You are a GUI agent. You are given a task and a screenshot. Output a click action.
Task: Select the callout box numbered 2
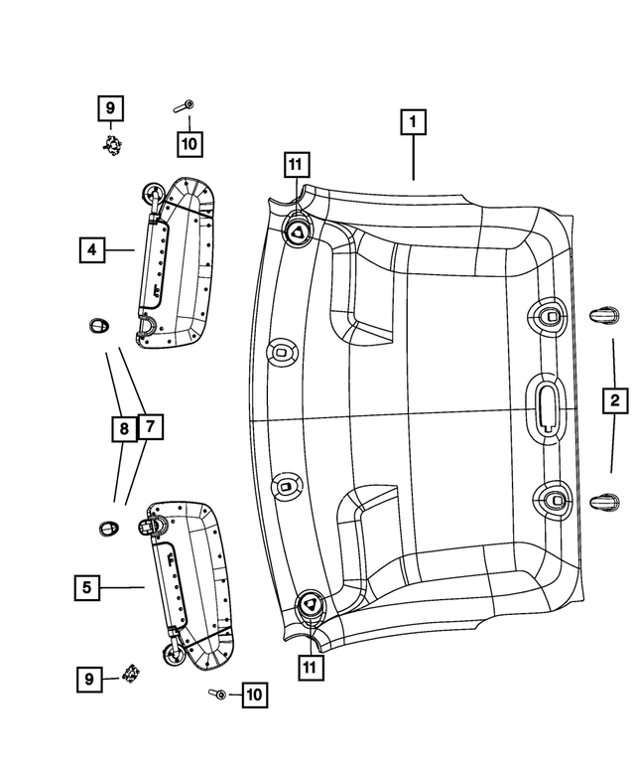coord(615,400)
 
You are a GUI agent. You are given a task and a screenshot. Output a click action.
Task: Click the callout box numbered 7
coord(149,427)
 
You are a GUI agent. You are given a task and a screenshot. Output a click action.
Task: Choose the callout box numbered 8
coord(123,428)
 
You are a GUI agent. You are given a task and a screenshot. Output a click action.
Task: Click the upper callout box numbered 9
coord(110,106)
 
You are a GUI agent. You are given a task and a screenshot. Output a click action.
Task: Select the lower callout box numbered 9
coord(88,679)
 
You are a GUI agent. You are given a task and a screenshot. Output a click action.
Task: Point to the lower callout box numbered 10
coord(253,695)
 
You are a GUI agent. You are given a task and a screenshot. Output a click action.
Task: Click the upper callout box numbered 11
coord(295,165)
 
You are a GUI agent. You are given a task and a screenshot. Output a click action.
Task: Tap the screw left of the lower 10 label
coord(216,694)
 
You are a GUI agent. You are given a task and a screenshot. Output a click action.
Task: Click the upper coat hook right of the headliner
coord(603,315)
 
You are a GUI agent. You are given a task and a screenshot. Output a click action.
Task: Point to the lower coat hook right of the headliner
coord(602,504)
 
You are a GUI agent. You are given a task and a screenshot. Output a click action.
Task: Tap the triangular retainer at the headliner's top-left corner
coord(298,232)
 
